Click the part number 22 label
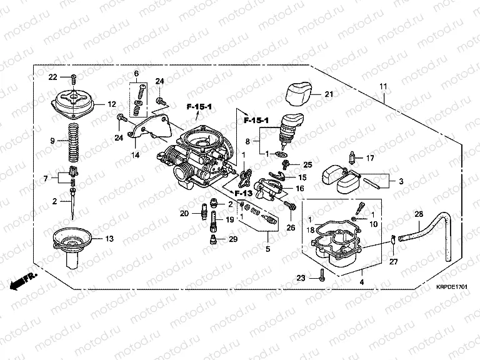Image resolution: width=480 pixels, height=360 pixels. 53,76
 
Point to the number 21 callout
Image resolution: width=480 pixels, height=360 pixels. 329,94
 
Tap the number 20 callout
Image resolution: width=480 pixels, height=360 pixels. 184,214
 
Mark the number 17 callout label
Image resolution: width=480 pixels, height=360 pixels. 370,157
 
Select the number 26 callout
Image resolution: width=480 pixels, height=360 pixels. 290,227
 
